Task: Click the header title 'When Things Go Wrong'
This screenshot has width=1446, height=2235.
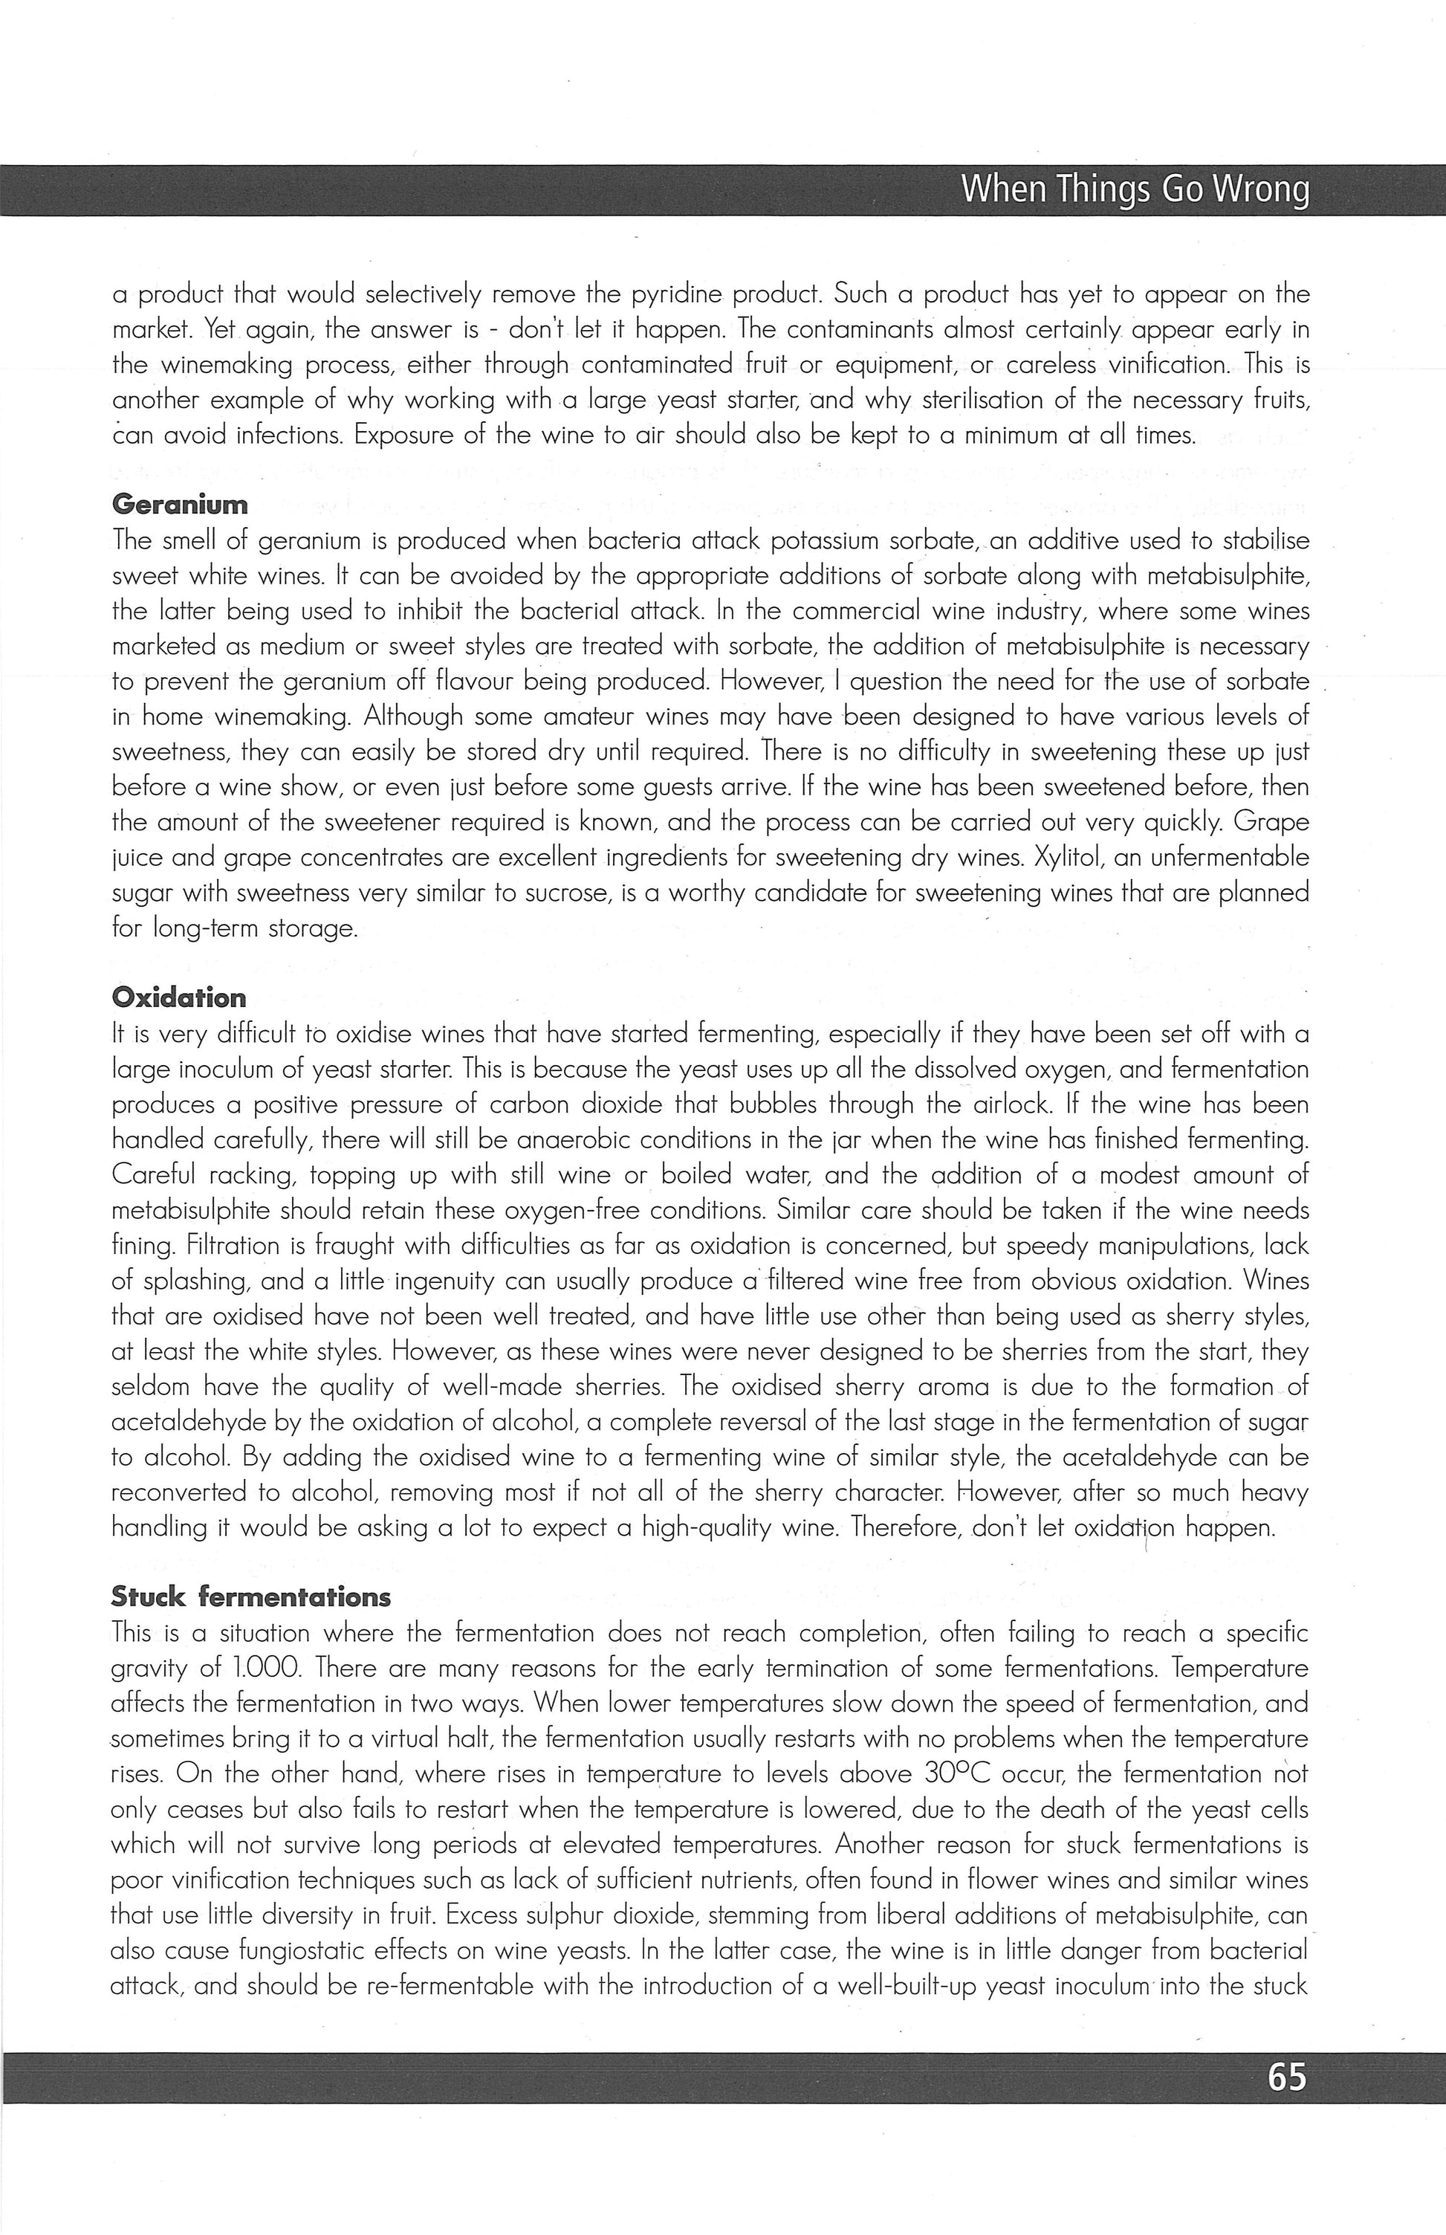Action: click(1133, 190)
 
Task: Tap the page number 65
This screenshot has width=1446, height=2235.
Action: click(1285, 2076)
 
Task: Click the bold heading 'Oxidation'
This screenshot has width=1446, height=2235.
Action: click(178, 997)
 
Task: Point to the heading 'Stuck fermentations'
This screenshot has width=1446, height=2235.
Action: click(250, 1597)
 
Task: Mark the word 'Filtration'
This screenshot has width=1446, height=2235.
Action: click(229, 1246)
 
